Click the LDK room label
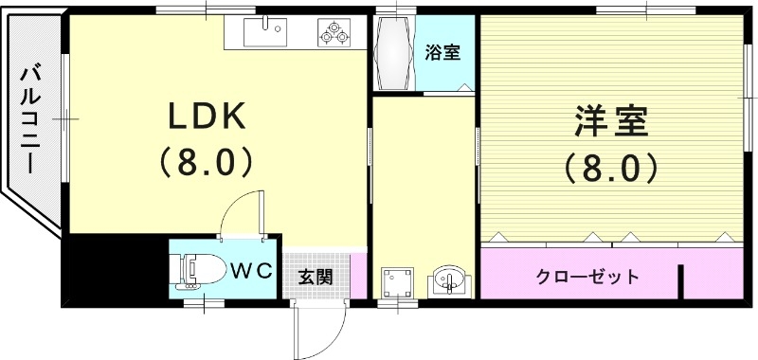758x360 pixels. point(208,116)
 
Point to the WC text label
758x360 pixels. point(252,270)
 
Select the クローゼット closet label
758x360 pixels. point(587,277)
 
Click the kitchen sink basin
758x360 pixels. point(264,34)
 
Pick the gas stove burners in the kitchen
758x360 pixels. point(334,34)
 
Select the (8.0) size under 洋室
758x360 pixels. point(611,169)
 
